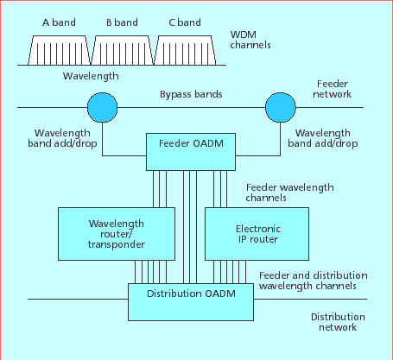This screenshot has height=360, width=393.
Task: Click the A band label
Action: [x=59, y=22]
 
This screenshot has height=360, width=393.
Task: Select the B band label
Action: [x=122, y=22]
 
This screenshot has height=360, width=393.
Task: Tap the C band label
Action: [x=185, y=22]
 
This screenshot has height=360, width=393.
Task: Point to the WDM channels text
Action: [x=250, y=40]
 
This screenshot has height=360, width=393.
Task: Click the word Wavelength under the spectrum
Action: [x=91, y=76]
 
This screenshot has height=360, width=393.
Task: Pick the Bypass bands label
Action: [x=191, y=94]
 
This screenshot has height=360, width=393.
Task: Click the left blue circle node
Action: [x=102, y=107]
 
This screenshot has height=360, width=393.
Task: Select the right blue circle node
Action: [x=281, y=107]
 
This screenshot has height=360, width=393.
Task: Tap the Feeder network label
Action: [x=333, y=89]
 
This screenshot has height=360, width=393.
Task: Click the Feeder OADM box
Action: [x=191, y=152]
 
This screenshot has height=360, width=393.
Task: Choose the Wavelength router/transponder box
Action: [x=117, y=234]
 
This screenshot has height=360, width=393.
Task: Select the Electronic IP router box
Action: [x=257, y=234]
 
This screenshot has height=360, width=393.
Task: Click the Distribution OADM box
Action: [x=191, y=302]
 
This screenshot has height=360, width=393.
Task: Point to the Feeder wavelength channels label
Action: [x=289, y=193]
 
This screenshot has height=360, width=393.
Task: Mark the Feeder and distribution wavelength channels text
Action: [x=313, y=281]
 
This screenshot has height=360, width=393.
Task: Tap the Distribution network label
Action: [x=338, y=322]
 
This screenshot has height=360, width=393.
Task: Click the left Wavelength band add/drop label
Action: [x=62, y=138]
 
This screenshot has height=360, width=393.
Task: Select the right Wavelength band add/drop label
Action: [x=323, y=138]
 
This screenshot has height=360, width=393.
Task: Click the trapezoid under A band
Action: [x=59, y=50]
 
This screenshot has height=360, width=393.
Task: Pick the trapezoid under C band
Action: [x=185, y=50]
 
